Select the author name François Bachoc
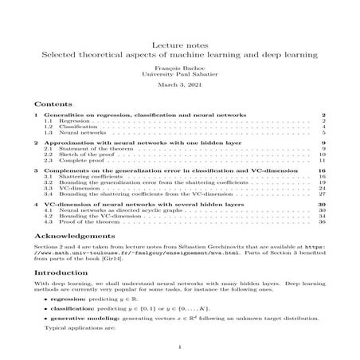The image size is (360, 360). coord(179,69)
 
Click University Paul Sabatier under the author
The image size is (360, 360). coord(179,76)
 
